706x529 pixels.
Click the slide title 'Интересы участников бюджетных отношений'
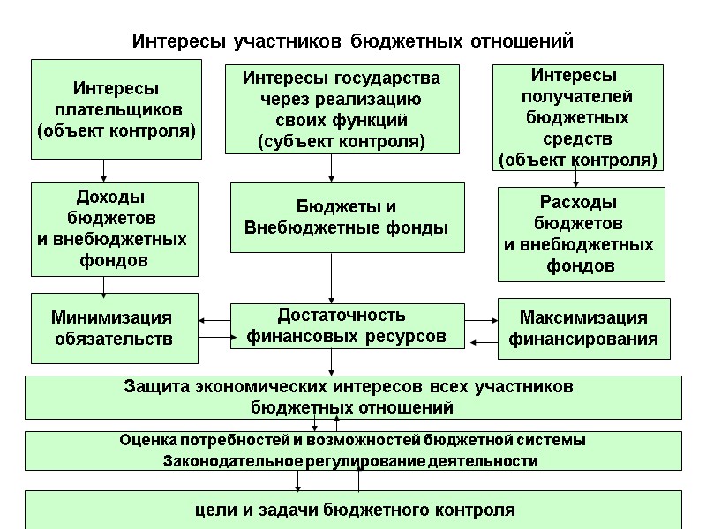(352, 41)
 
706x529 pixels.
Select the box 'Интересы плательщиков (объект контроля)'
(116, 108)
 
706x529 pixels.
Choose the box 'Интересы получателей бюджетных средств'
(578, 118)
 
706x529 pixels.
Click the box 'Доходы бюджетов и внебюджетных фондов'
(116, 228)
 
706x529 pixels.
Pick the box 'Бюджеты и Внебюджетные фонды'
(347, 217)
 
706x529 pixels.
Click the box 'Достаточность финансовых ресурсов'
(347, 325)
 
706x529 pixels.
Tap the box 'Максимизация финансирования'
(583, 328)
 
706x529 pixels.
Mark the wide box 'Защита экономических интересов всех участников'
(352, 397)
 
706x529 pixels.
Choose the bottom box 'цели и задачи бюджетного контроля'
(352, 510)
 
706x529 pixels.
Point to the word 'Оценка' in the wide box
(146, 440)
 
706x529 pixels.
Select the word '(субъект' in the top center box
(298, 140)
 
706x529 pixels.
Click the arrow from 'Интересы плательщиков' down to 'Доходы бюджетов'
(104, 170)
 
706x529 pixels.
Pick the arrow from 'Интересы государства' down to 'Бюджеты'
(332, 167)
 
